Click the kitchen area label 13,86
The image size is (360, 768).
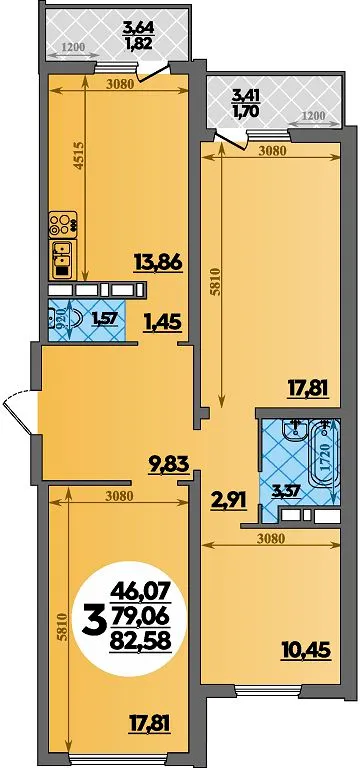pos(158,264)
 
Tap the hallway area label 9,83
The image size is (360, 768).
pos(168,463)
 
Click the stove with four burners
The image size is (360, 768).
pos(63,224)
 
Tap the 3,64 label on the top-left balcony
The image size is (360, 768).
pos(138,27)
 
